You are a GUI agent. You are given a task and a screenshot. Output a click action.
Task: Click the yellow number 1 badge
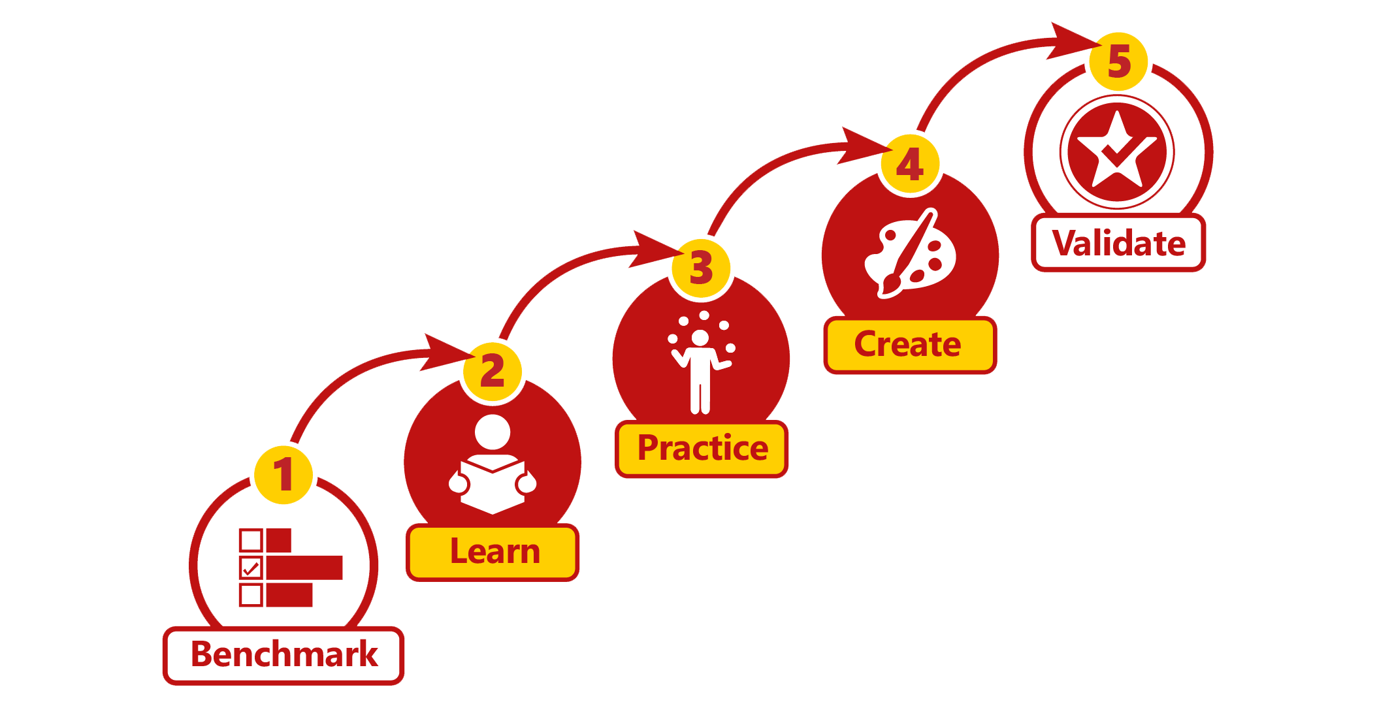tap(283, 475)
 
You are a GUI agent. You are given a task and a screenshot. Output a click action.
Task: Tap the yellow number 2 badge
tap(493, 372)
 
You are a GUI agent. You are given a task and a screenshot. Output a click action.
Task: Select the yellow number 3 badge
tap(702, 268)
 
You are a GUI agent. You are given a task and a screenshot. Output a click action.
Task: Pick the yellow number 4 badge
tap(910, 165)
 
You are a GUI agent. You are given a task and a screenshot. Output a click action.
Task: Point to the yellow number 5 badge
tap(1119, 61)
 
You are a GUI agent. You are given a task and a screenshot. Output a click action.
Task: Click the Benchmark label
tap(283, 655)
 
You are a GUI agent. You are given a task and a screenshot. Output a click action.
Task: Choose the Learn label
tap(493, 553)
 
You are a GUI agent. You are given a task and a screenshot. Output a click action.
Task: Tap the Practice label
tap(702, 449)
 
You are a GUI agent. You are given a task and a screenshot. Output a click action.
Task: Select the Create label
tap(910, 345)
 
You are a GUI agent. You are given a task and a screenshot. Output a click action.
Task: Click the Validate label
tap(1118, 243)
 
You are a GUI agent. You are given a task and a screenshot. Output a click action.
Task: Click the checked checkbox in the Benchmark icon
tap(251, 568)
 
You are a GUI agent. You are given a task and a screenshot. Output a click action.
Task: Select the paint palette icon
tap(910, 255)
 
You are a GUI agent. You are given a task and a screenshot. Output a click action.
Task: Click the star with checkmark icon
tap(1117, 152)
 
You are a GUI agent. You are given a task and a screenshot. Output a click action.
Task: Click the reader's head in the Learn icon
tap(493, 432)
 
